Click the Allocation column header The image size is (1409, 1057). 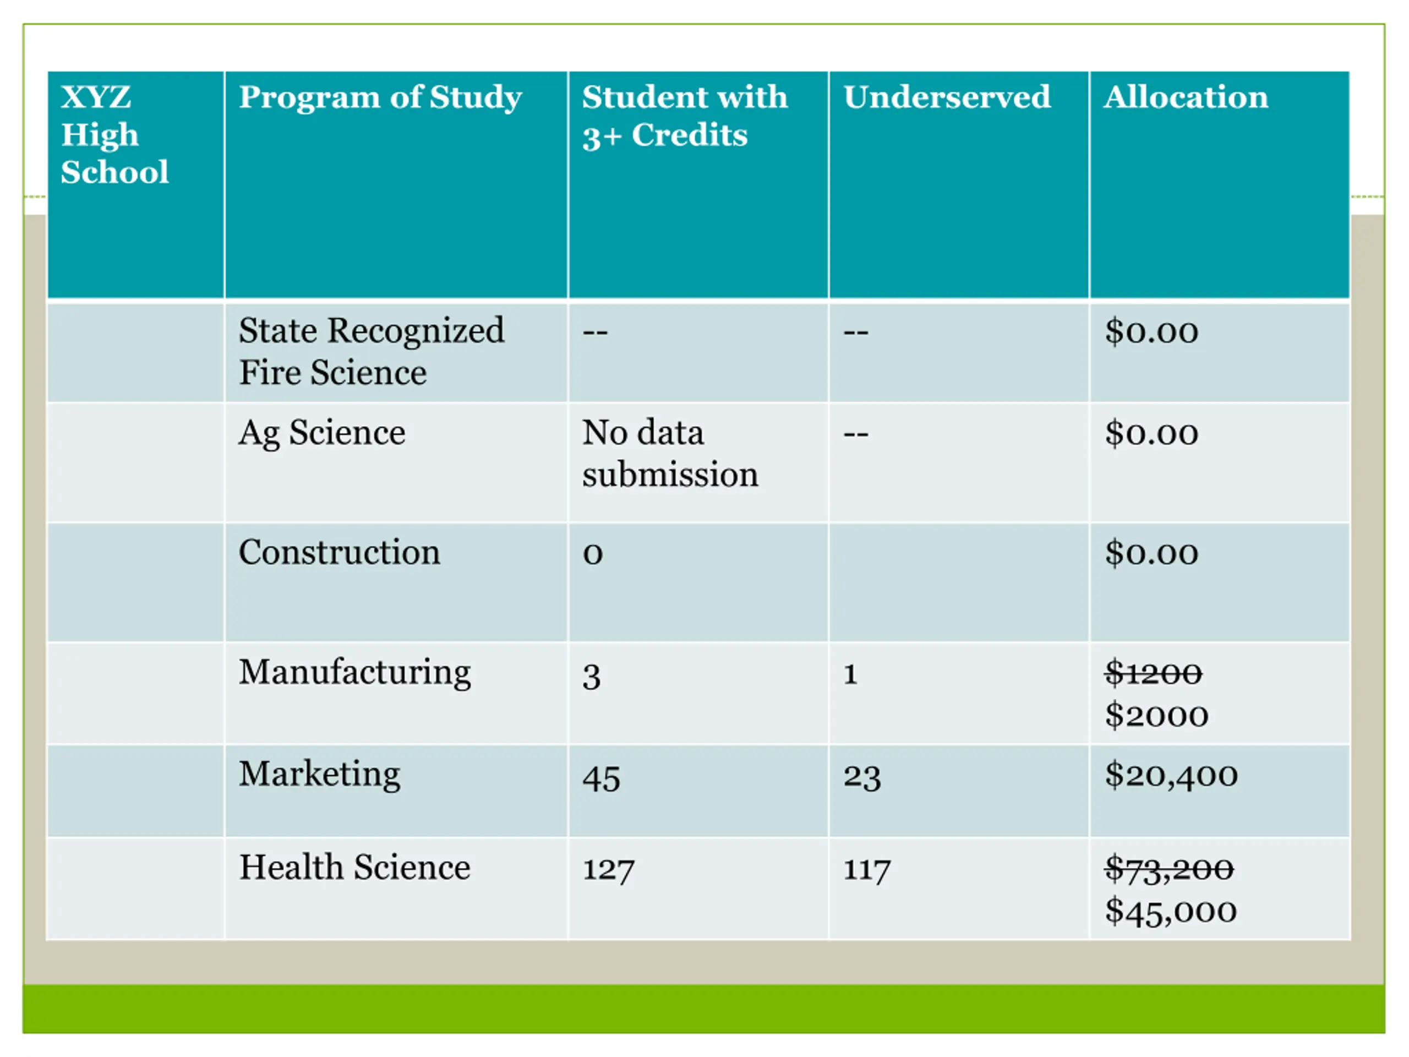[x=1186, y=97]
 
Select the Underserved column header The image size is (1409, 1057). [x=947, y=97]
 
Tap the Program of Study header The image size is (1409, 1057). [x=380, y=97]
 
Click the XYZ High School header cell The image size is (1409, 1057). [x=114, y=134]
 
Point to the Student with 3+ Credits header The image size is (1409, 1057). [x=685, y=116]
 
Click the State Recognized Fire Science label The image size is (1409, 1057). [x=372, y=351]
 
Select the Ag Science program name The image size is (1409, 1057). [x=321, y=433]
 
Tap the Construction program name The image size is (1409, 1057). [x=339, y=552]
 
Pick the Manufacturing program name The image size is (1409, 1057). [x=355, y=673]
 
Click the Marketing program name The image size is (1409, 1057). [x=319, y=775]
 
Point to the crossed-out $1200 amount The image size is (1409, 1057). [x=1153, y=673]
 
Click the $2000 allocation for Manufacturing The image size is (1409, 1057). [x=1156, y=715]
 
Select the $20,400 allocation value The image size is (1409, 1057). [x=1171, y=775]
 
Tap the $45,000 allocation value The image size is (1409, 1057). [x=1171, y=911]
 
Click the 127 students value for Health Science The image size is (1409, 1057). [x=608, y=869]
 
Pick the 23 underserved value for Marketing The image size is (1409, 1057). [x=862, y=777]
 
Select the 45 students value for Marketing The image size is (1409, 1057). [x=600, y=778]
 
